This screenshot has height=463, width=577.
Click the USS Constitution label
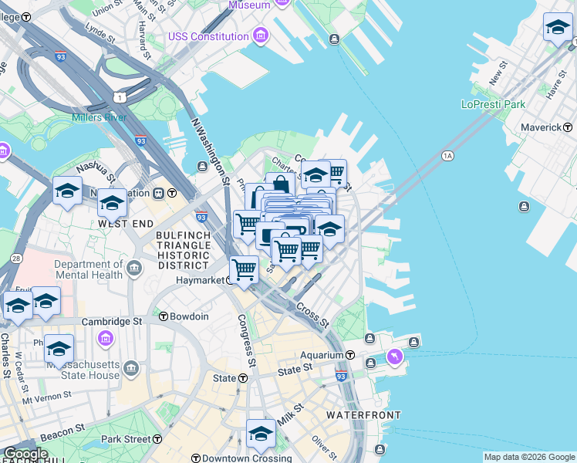pos(209,36)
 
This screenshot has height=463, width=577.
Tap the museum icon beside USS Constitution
pos(260,36)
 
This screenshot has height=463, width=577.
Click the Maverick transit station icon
pos(568,127)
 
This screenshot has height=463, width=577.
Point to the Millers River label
pos(99,117)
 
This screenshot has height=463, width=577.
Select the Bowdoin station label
pos(190,316)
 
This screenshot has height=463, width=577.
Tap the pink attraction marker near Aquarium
pos(396,357)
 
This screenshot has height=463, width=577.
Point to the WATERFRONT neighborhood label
pos(363,415)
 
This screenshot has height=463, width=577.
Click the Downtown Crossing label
pos(238,458)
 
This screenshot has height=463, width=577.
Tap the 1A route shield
pos(447,156)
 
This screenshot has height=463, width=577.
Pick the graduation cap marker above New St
pos(557,29)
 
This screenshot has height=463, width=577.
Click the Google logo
pos(25,454)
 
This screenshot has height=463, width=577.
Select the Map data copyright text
pos(528,457)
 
